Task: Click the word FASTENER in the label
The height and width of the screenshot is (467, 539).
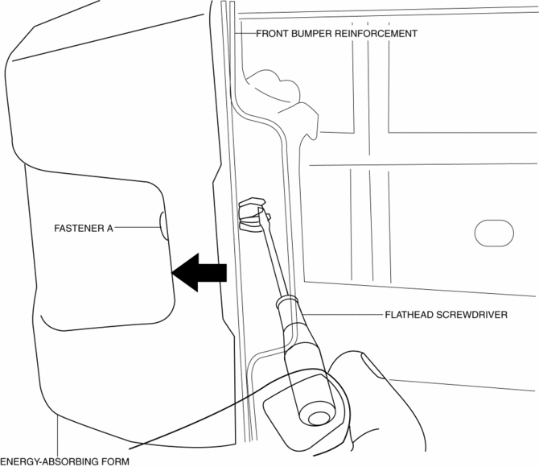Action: click(x=79, y=229)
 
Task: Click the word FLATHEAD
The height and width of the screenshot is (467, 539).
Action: click(x=411, y=315)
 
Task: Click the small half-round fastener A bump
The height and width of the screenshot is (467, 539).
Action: click(x=162, y=226)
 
